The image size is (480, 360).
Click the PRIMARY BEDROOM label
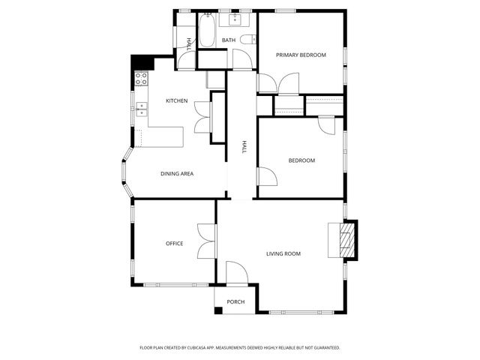click(x=300, y=55)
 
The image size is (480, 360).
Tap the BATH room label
click(x=229, y=40)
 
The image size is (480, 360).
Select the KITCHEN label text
click(x=177, y=100)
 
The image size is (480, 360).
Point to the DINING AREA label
click(x=177, y=174)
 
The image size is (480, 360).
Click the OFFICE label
click(x=175, y=244)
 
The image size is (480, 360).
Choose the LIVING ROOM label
click(x=283, y=253)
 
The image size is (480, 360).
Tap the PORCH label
click(x=235, y=301)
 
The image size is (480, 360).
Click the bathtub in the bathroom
click(x=207, y=31)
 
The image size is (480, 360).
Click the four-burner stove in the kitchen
click(x=140, y=77)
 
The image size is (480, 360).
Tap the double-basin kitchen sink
click(x=142, y=111)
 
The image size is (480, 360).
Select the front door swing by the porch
click(x=235, y=271)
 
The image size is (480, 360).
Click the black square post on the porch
click(x=218, y=310)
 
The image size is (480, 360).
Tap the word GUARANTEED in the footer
click(x=324, y=348)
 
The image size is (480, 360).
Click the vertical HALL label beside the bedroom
click(x=244, y=148)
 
